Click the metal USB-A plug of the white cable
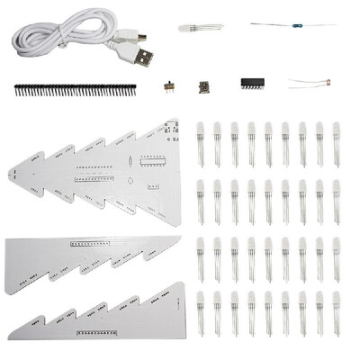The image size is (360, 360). click(x=144, y=58)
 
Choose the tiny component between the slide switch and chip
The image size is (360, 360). click(x=205, y=85)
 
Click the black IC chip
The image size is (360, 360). click(x=253, y=83)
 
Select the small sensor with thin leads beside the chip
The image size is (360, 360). click(x=326, y=83)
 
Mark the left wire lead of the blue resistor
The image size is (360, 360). click(x=266, y=24)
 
